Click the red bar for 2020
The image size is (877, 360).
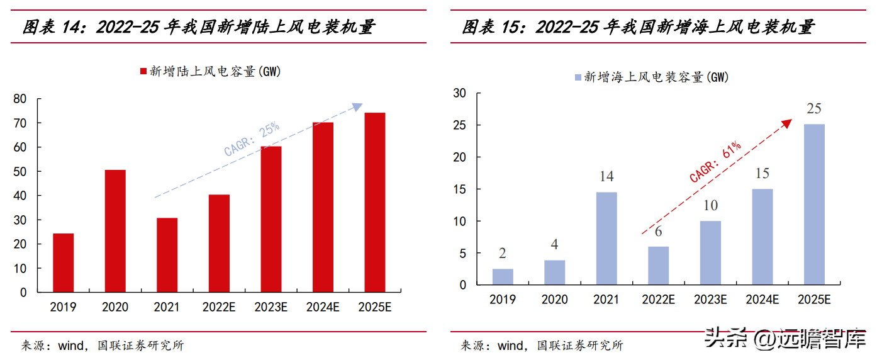pyautogui.click(x=115, y=231)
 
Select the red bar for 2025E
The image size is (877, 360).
pyautogui.click(x=375, y=202)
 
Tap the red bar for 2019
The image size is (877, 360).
pyautogui.click(x=63, y=262)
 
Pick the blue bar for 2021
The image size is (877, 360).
pyautogui.click(x=606, y=239)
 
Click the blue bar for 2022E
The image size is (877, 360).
pyautogui.click(x=658, y=266)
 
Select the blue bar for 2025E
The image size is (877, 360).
pyautogui.click(x=814, y=205)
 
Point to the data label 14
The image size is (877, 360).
pyautogui.click(x=606, y=177)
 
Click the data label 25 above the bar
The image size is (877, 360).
pyautogui.click(x=814, y=109)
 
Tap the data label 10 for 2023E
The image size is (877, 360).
pyautogui.click(x=710, y=206)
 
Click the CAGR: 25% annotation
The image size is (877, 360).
pyautogui.click(x=252, y=140)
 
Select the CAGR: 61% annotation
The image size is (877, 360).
pyautogui.click(x=715, y=162)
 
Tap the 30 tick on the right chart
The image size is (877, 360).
pyautogui.click(x=460, y=93)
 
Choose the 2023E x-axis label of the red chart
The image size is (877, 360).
pyautogui.click(x=271, y=307)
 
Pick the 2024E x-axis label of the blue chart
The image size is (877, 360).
pyautogui.click(x=762, y=300)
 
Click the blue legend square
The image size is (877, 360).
pyautogui.click(x=578, y=77)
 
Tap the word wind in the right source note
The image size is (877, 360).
pyautogui.click(x=510, y=346)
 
